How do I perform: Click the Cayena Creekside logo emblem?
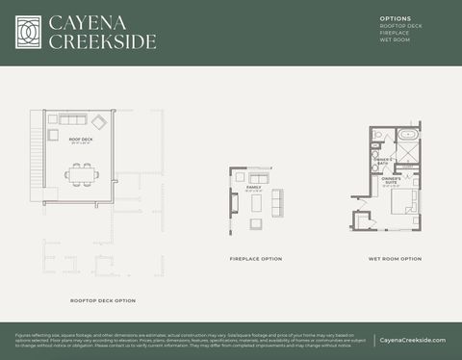[30, 32]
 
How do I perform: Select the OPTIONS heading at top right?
[396, 18]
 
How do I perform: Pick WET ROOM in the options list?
[395, 40]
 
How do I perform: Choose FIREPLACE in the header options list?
[395, 33]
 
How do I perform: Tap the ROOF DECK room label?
[81, 140]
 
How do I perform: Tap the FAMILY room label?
[254, 187]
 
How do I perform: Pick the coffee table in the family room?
[258, 200]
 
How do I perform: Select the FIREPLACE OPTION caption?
[256, 259]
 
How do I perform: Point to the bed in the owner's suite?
[405, 202]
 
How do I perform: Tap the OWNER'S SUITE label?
[391, 180]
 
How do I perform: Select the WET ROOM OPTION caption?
[395, 259]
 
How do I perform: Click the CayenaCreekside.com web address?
[413, 340]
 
